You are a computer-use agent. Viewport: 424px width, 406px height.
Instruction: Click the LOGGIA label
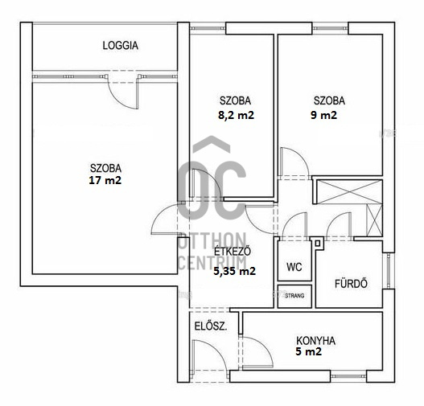click(121, 45)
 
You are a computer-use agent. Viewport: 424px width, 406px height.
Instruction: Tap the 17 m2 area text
click(105, 180)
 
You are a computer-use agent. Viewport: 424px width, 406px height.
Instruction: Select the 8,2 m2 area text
click(236, 115)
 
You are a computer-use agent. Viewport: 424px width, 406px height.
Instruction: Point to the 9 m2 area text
click(324, 115)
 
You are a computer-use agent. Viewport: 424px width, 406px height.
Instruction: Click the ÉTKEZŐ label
click(233, 252)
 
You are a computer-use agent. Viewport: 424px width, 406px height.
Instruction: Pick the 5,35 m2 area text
click(234, 271)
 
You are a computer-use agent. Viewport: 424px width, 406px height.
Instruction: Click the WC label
click(294, 267)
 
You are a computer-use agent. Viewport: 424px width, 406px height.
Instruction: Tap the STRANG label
click(294, 296)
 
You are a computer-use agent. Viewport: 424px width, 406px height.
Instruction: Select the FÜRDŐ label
click(351, 284)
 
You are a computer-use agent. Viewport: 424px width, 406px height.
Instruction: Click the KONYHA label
click(316, 341)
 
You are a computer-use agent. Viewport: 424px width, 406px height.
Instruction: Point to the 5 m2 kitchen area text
click(308, 351)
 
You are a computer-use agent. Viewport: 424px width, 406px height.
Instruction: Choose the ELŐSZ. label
click(211, 326)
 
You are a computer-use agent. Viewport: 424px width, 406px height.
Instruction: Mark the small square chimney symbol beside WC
click(318, 243)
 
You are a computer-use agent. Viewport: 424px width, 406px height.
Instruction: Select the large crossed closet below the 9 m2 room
click(349, 192)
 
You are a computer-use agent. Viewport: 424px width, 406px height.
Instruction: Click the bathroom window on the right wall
click(389, 270)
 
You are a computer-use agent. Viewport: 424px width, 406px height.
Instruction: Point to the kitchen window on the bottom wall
click(348, 376)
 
